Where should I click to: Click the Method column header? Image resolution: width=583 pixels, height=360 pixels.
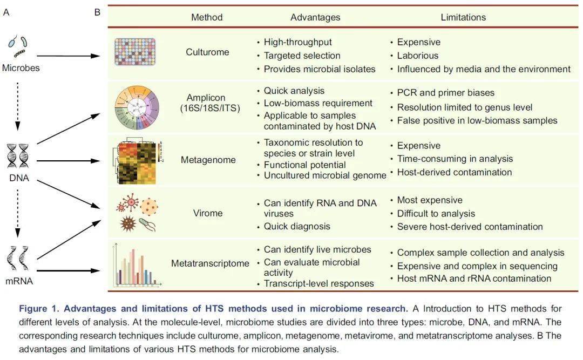pos(207,17)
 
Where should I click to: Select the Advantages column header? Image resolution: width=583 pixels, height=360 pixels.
pos(315,17)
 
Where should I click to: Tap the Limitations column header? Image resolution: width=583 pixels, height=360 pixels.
pos(463,17)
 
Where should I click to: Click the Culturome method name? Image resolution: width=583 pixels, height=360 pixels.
pos(207,52)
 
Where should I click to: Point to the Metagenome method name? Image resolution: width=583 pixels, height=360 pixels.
pos(208,160)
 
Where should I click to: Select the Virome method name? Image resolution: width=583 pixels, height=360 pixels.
pos(208,213)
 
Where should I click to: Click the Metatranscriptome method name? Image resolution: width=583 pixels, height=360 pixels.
pos(210,263)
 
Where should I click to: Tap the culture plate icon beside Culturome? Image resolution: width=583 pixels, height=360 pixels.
pos(135,52)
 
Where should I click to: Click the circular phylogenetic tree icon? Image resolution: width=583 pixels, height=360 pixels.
pos(137,107)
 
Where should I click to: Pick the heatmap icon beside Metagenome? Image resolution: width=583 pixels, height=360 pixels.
pos(137,162)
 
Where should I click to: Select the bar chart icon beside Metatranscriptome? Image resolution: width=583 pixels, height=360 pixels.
pos(137,265)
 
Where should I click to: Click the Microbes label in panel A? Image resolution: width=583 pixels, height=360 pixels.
pos(21,68)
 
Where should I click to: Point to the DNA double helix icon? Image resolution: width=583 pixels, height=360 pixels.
pos(18,156)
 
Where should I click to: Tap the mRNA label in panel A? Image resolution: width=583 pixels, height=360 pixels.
pos(19,281)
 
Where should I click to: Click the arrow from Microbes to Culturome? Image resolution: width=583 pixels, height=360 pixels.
pos(69,56)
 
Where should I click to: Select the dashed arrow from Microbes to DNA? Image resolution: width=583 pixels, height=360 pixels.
pos(17,107)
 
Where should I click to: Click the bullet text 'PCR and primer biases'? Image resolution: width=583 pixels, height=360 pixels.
pos(446,93)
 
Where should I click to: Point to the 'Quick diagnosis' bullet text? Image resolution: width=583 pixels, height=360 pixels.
pos(297,227)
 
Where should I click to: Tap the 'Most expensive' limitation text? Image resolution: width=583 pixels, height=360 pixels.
pos(430,200)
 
